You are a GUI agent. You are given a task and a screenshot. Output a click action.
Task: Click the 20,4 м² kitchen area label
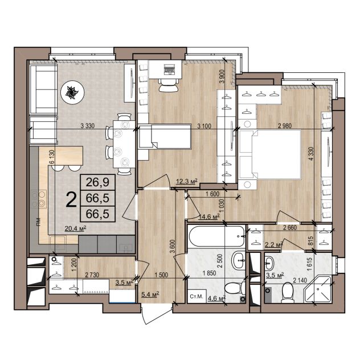pyautogui.click(x=75, y=228)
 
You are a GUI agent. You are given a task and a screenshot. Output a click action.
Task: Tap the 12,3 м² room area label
pyautogui.click(x=187, y=182)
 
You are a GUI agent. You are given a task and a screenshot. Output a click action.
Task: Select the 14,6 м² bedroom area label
pyautogui.click(x=209, y=216)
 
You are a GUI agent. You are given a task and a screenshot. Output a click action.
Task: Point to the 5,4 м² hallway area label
pyautogui.click(x=150, y=294)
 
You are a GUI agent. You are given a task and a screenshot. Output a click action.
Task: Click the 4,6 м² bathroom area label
pyautogui.click(x=216, y=298)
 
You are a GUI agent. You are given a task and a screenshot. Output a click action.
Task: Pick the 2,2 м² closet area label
pyautogui.click(x=273, y=245)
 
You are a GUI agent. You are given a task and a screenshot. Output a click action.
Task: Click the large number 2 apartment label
pyautogui.click(x=71, y=199)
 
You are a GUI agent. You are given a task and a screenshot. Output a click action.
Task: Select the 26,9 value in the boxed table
pyautogui.click(x=97, y=182)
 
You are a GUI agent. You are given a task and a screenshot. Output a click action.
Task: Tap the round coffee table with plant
pyautogui.click(x=72, y=92)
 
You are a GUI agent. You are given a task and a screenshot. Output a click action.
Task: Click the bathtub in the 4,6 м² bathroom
pyautogui.click(x=217, y=236)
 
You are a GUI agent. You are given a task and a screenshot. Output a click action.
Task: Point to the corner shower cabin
pyautogui.click(x=317, y=290)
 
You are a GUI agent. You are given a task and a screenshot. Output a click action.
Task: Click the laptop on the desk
pyautogui.click(x=170, y=69)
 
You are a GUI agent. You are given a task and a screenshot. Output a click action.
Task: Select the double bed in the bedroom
pyautogui.click(x=270, y=154)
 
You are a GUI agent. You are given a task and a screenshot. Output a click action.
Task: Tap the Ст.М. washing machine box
pyautogui.click(x=197, y=296)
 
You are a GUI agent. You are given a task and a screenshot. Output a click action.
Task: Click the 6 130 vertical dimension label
pyautogui.click(x=52, y=157)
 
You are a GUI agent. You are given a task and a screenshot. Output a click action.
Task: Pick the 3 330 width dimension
pyautogui.click(x=88, y=126)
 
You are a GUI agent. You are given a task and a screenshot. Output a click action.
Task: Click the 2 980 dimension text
pyautogui.click(x=285, y=126)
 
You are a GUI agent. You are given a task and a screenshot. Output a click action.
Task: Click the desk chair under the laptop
pyautogui.click(x=169, y=85)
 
